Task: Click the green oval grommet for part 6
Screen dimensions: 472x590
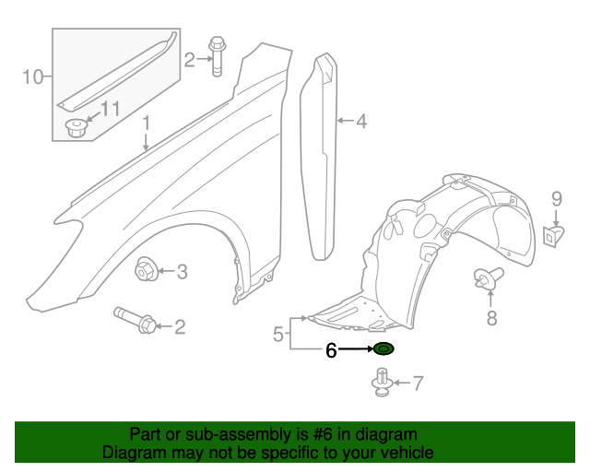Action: pos(383,348)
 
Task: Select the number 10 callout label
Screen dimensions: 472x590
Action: pos(32,77)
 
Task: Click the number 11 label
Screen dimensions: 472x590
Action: pos(110,110)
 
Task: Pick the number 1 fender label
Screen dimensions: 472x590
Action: pos(146,123)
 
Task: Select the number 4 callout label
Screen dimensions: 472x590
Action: pos(360,121)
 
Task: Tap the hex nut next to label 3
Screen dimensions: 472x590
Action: pos(146,271)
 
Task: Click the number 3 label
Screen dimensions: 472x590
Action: pos(182,271)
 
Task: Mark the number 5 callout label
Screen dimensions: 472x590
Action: pos(277,335)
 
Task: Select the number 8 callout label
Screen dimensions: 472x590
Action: pos(491,318)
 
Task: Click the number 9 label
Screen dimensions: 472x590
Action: pos(557,197)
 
